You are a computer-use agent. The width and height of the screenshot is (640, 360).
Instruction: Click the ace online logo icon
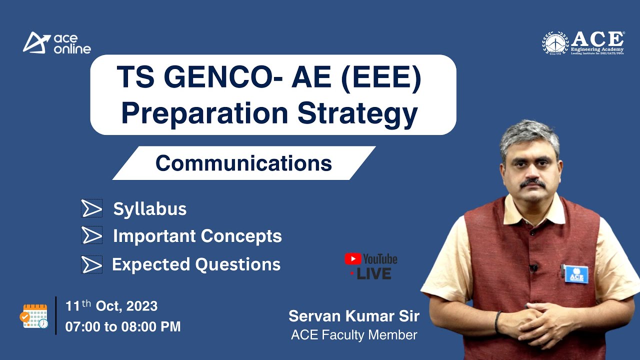pyautogui.click(x=36, y=42)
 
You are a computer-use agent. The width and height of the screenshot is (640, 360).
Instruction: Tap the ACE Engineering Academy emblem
pyautogui.click(x=555, y=43)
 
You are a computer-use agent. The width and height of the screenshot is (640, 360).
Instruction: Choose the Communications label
pyautogui.click(x=243, y=163)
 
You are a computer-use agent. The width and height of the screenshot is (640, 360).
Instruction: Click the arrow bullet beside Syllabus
pyautogui.click(x=92, y=208)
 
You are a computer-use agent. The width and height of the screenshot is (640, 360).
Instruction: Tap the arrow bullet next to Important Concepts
pyautogui.click(x=92, y=235)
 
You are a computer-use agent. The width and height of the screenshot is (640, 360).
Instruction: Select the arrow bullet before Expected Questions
pyautogui.click(x=92, y=264)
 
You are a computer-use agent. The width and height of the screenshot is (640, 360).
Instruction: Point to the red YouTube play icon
pyautogui.click(x=352, y=258)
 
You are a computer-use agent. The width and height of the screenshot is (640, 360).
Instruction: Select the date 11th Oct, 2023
pyautogui.click(x=111, y=305)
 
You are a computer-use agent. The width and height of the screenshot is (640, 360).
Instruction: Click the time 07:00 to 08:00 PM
pyautogui.click(x=123, y=327)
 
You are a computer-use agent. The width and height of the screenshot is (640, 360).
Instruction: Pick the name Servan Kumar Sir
pyautogui.click(x=353, y=316)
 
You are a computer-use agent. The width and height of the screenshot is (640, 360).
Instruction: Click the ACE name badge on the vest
pyautogui.click(x=576, y=273)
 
